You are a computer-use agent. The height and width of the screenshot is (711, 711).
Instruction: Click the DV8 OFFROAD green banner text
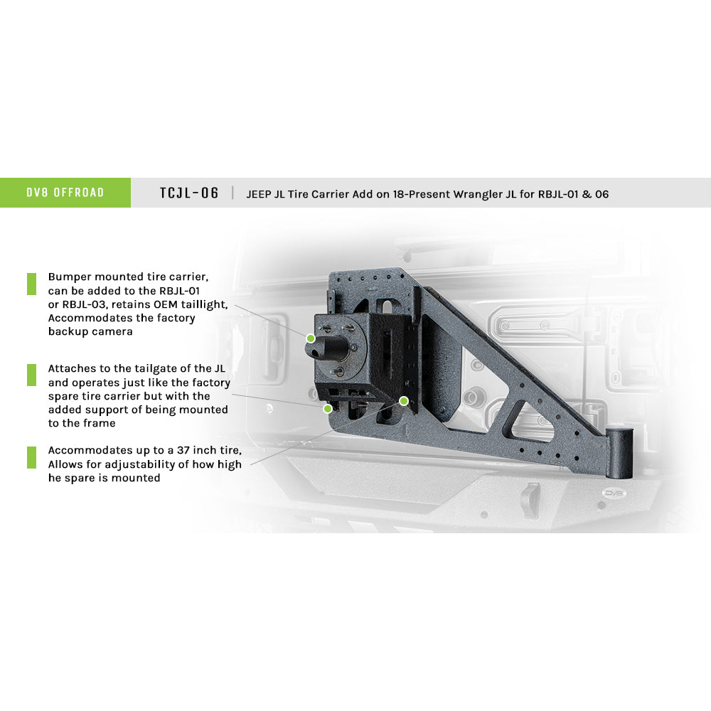[x=65, y=193]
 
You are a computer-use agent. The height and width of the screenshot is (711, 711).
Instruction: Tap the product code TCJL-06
[x=189, y=193]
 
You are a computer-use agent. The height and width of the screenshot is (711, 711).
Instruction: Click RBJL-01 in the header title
[x=558, y=194]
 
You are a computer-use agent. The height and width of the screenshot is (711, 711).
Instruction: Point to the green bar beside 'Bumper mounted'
[x=32, y=284]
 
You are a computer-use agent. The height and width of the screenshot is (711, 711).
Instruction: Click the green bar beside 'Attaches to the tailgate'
[x=32, y=375]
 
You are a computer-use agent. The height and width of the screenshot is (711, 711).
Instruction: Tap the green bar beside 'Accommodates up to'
[x=32, y=457]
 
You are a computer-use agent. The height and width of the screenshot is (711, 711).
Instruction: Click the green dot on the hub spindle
[x=311, y=338]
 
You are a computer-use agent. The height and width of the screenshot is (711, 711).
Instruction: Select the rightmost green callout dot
[x=404, y=401]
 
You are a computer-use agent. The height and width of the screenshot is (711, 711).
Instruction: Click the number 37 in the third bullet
[x=183, y=450]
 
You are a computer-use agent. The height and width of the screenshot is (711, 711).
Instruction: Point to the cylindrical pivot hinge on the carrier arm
[x=619, y=453]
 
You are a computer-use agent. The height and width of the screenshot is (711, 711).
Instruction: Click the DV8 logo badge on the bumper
[x=614, y=493]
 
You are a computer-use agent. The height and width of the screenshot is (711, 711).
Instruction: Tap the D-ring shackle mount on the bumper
[x=531, y=500]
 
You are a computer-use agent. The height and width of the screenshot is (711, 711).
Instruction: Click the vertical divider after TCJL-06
[x=232, y=193]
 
